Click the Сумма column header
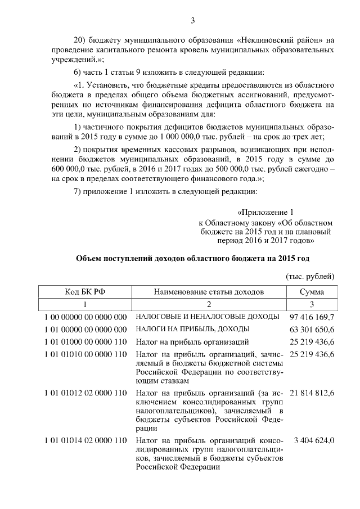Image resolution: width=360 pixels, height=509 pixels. tap(311, 292)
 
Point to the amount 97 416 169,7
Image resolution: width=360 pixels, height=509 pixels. tap(312, 317)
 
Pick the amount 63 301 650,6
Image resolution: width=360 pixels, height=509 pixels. tap(312, 329)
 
